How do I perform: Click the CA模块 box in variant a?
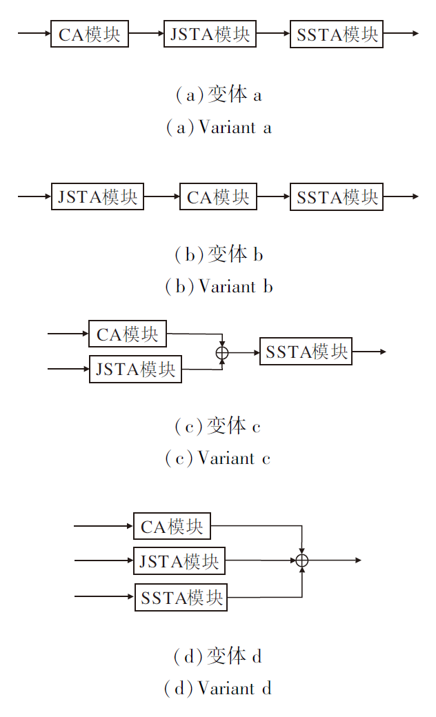tap(90, 34)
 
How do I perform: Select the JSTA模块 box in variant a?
tap(210, 34)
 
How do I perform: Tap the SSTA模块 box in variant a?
tap(337, 34)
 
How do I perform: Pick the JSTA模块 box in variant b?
tap(97, 196)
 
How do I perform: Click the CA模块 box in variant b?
tap(218, 196)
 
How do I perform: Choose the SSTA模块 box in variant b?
tap(337, 196)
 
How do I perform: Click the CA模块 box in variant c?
tap(128, 334)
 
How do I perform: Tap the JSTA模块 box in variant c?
tap(135, 369)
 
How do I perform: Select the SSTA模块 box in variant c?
tap(306, 352)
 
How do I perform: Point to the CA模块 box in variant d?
tap(172, 527)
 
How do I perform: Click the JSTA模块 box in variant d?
tap(179, 561)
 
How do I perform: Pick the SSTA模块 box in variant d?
tap(181, 597)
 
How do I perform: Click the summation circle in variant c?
tap(221, 352)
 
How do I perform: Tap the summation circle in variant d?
tap(301, 561)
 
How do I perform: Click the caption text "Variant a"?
tap(219, 128)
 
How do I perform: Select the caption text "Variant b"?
tap(219, 286)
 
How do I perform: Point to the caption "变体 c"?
tap(218, 427)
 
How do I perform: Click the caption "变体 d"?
tap(218, 656)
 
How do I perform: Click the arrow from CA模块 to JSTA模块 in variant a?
tap(146, 33)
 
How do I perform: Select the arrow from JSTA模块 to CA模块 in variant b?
tap(161, 196)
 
